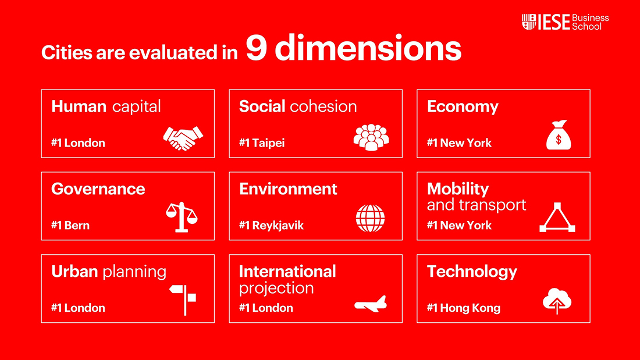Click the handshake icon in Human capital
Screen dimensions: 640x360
(x=183, y=138)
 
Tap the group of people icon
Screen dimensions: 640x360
(x=371, y=138)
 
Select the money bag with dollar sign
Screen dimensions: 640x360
(x=559, y=135)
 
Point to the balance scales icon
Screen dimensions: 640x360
(x=182, y=217)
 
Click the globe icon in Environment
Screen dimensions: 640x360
(x=370, y=218)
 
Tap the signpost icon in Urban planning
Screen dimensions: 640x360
(x=183, y=300)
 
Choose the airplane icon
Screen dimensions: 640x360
(x=371, y=304)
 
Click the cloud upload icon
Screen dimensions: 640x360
(x=557, y=301)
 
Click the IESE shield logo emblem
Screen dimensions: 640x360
(x=529, y=22)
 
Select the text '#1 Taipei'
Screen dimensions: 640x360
(x=262, y=143)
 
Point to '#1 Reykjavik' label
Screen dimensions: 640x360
(x=271, y=225)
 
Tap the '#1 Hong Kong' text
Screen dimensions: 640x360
(x=464, y=308)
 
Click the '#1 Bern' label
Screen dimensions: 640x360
(x=70, y=225)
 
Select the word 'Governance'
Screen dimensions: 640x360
(x=98, y=189)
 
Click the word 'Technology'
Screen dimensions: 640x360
(x=472, y=272)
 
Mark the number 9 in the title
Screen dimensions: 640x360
(x=257, y=48)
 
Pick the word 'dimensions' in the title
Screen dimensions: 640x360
(x=368, y=48)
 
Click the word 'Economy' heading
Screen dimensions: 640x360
(x=463, y=107)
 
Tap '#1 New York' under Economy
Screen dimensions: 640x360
(x=459, y=143)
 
